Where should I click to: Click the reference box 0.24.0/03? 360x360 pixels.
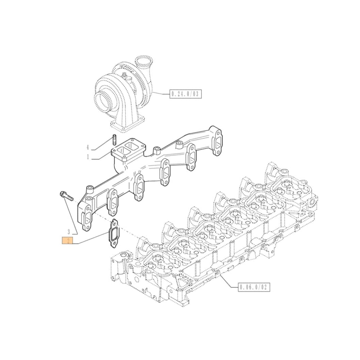(x=185, y=94)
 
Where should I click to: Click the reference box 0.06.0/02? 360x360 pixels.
(x=254, y=287)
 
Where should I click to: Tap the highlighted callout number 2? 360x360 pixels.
(x=67, y=241)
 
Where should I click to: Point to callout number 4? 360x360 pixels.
(x=87, y=148)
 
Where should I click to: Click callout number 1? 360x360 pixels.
(x=87, y=157)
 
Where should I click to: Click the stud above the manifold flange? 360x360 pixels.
(x=114, y=139)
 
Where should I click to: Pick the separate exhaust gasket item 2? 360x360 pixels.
(x=113, y=234)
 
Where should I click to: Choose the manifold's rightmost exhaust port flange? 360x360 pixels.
(x=217, y=141)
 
